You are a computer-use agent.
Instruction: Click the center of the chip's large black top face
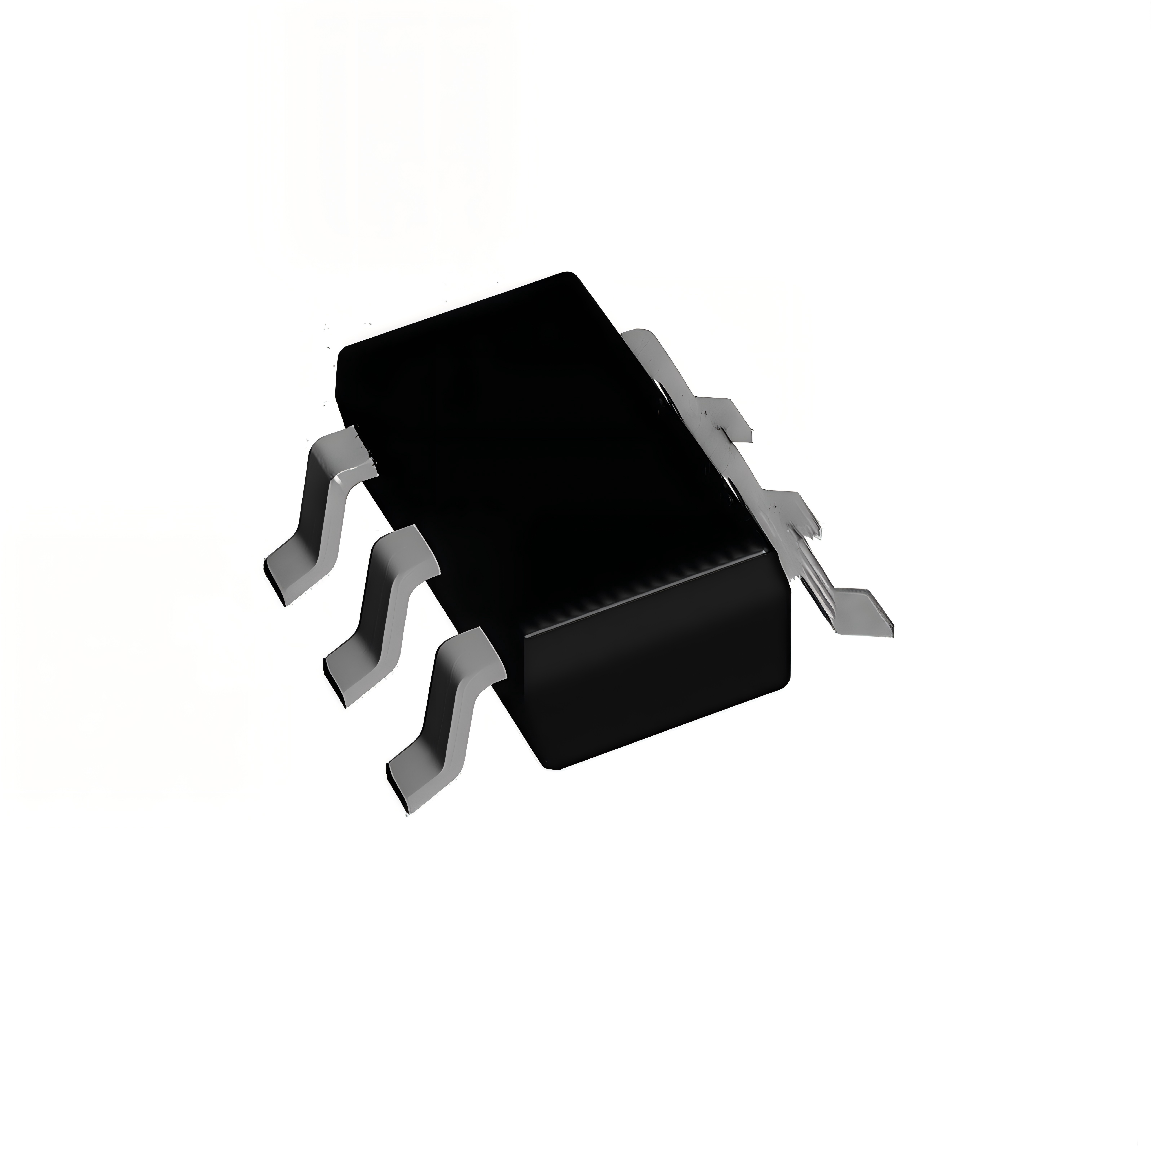coord(548,441)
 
